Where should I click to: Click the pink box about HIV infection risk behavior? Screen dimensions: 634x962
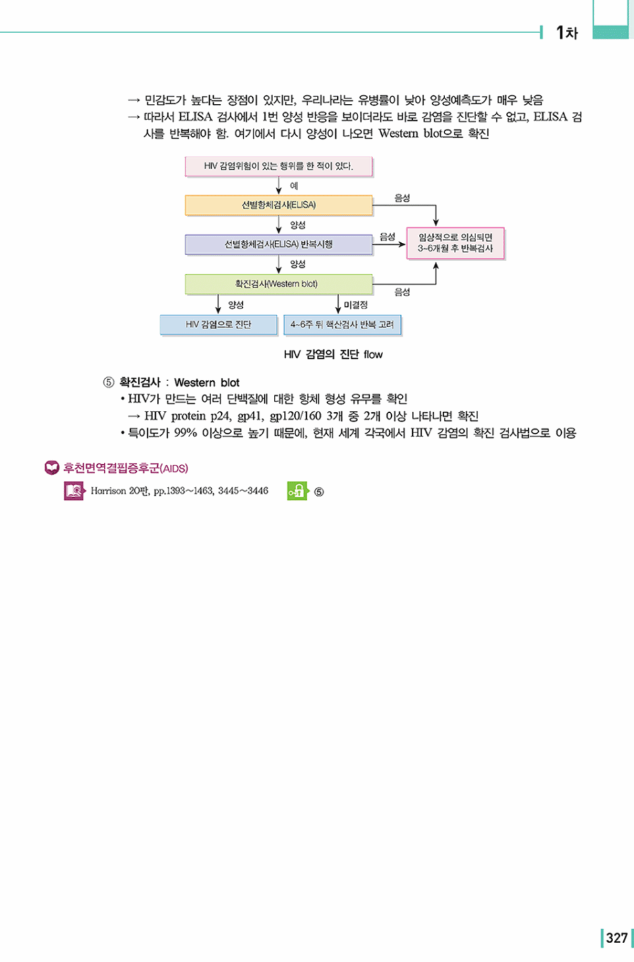tap(279, 166)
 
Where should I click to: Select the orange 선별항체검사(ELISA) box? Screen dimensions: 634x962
tap(279, 205)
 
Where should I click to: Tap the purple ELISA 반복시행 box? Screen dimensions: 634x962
tap(279, 244)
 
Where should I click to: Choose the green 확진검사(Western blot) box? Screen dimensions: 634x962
tap(279, 284)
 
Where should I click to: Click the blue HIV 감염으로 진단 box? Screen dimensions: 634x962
tap(219, 324)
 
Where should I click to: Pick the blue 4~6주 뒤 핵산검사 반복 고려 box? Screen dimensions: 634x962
tap(342, 324)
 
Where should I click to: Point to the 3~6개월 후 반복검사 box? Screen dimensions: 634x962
tap(455, 243)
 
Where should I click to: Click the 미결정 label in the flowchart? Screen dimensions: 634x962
tap(356, 305)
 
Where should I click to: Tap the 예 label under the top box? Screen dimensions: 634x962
tap(294, 186)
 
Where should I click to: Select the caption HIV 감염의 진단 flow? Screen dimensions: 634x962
tap(333, 354)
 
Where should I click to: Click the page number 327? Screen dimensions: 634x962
tap(617, 938)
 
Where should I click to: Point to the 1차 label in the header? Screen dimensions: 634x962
tap(567, 32)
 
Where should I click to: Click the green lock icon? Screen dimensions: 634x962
tap(297, 491)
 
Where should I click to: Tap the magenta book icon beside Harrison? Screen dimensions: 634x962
tap(75, 491)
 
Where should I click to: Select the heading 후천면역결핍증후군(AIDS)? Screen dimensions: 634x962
tap(125, 468)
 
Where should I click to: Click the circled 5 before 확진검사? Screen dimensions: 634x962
tap(109, 383)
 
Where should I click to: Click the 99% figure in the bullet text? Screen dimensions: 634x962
tap(185, 433)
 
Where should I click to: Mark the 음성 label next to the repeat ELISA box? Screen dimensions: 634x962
tap(388, 237)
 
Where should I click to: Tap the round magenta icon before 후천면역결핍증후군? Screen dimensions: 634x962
tap(52, 468)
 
